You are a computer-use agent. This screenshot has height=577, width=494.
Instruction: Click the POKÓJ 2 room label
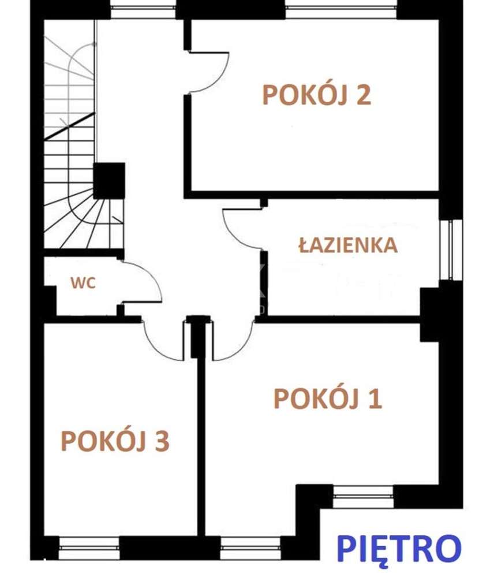316,95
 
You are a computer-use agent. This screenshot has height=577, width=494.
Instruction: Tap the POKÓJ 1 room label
327,399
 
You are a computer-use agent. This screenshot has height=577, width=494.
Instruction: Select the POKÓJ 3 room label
115,441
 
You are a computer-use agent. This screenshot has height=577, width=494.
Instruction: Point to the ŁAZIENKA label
348,245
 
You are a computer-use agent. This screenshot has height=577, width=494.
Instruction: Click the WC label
83,283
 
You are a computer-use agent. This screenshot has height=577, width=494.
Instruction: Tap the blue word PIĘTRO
399,548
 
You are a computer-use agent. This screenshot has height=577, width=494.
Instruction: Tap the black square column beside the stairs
109,181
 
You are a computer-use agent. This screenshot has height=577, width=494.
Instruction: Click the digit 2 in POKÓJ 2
362,95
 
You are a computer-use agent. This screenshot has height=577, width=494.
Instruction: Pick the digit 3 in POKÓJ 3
161,441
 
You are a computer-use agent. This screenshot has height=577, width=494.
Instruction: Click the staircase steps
69,173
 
